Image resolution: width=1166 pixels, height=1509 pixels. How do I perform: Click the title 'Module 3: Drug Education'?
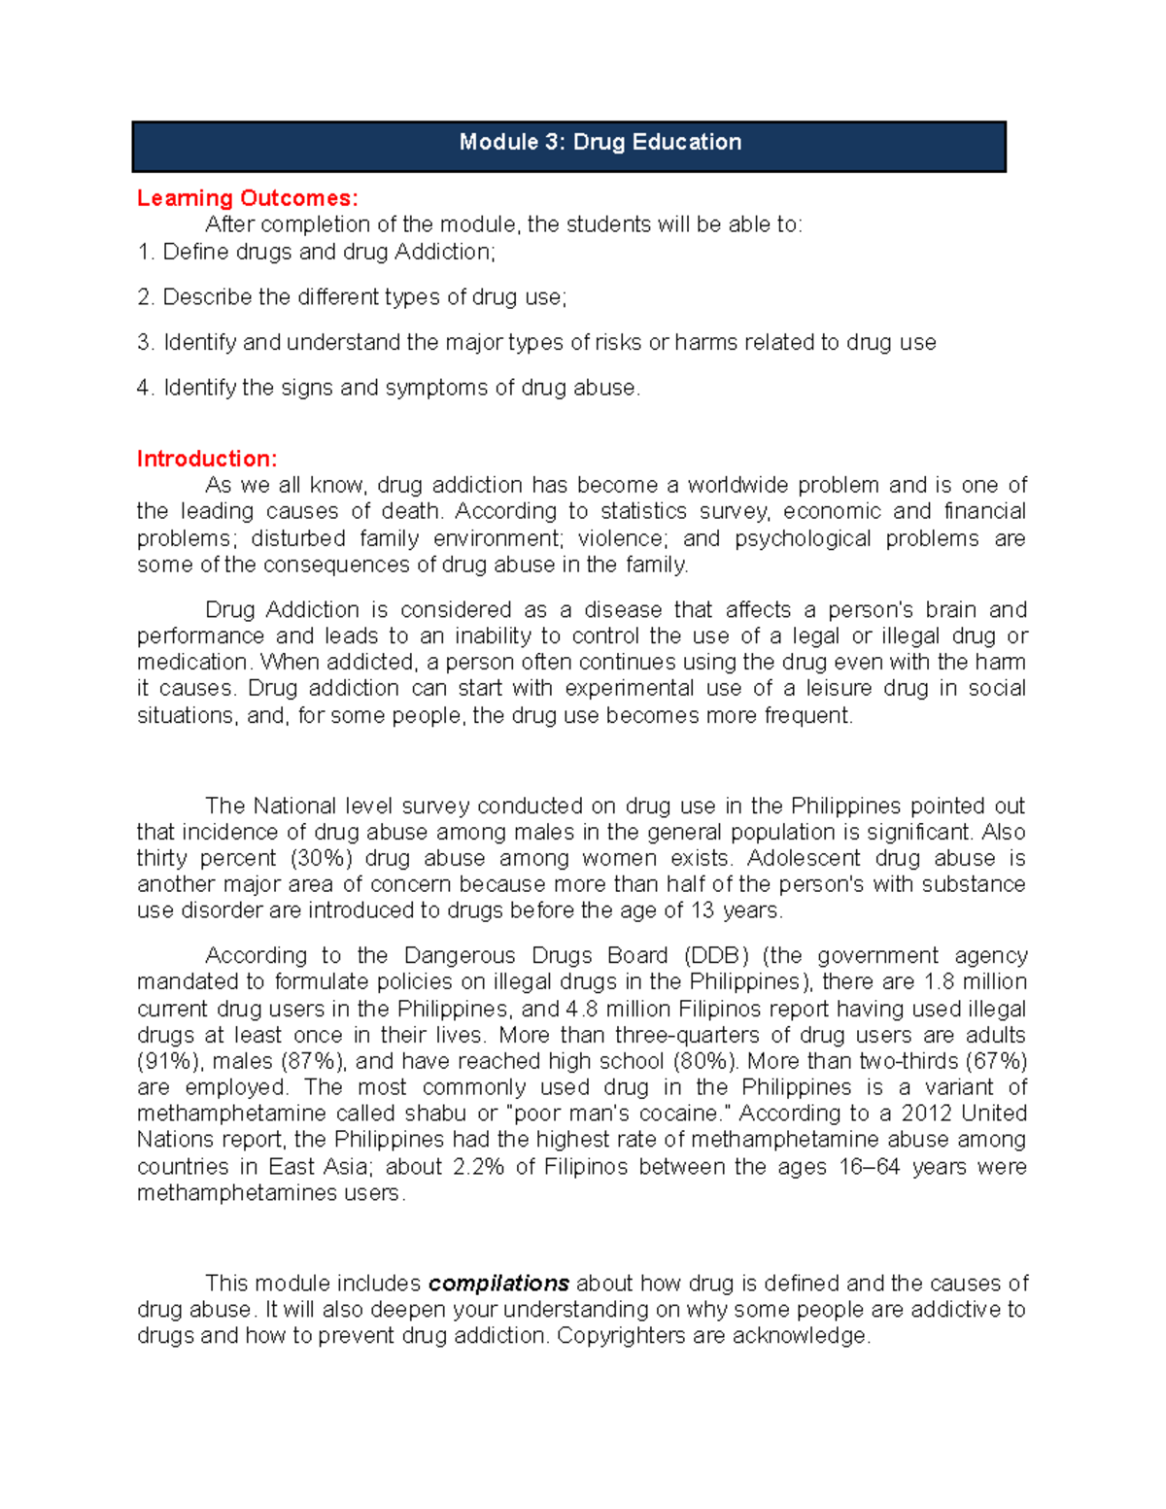600,143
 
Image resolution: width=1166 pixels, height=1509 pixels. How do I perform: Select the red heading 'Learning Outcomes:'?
247,198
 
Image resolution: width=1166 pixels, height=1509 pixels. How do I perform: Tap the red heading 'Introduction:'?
207,459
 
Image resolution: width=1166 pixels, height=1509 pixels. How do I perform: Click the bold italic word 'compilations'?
498,1284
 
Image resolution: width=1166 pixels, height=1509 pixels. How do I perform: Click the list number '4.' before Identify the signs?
146,388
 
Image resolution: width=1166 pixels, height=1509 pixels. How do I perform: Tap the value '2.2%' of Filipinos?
478,1167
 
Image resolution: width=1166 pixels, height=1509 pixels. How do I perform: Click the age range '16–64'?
869,1167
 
